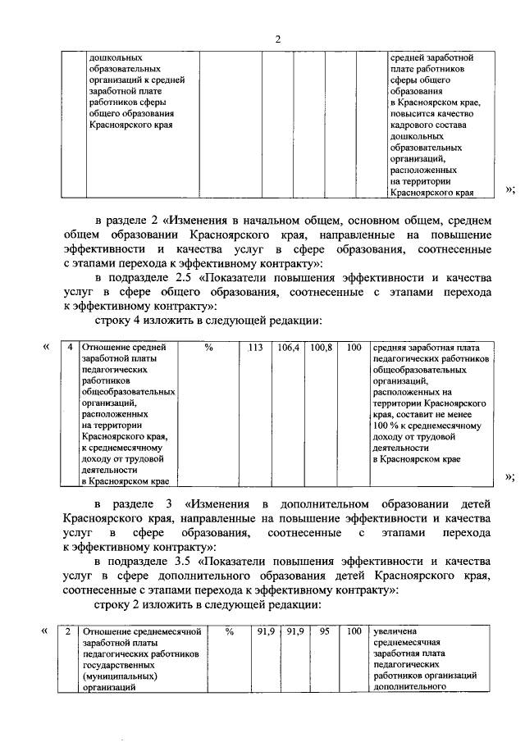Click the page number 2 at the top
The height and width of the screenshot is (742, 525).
[278, 39]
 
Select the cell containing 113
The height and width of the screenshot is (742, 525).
[255, 348]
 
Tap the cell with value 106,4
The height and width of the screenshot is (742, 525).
[289, 348]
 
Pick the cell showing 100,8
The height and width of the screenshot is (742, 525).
[322, 348]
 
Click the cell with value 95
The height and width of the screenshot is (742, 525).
[324, 632]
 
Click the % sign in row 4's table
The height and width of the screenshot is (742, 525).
[209, 348]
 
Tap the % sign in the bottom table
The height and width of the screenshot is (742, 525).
[230, 632]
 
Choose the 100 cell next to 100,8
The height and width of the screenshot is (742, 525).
[354, 348]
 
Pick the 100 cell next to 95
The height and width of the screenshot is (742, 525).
[354, 632]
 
